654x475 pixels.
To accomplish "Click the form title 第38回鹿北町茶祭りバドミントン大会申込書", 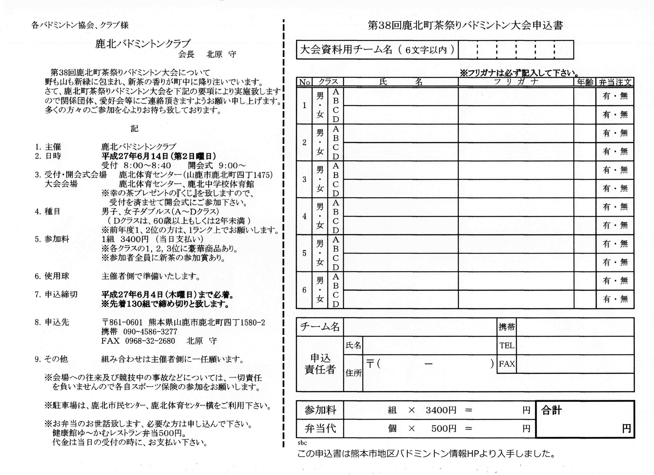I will (x=465, y=26).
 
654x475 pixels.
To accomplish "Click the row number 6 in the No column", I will (x=304, y=290).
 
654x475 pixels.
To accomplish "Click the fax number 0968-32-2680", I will (x=150, y=341).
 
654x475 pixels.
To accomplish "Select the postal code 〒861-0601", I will (x=122, y=322).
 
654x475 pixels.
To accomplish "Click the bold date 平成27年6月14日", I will (x=135, y=156).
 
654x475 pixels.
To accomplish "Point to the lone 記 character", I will (x=134, y=129).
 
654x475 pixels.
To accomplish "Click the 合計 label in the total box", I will (x=551, y=410).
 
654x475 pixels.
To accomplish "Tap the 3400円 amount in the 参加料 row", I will (x=441, y=410).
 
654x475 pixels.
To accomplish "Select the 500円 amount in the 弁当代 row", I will (x=444, y=429).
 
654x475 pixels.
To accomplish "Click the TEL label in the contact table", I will (x=507, y=345).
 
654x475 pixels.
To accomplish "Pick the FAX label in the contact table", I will (x=507, y=364).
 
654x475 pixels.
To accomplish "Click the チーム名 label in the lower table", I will (x=320, y=327).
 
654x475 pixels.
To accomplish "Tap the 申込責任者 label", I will (x=320, y=364).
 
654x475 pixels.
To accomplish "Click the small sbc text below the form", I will (x=302, y=443).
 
